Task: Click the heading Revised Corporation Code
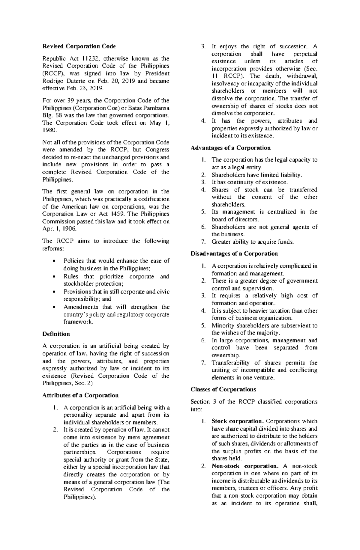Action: [79, 46]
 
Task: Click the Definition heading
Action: [56, 334]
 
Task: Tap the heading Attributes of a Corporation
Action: [80, 395]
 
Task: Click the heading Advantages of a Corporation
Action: [231, 148]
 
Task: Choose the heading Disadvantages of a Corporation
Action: [234, 254]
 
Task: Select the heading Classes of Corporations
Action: [223, 389]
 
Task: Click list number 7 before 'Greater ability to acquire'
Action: [203, 242]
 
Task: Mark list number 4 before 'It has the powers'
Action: [203, 121]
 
